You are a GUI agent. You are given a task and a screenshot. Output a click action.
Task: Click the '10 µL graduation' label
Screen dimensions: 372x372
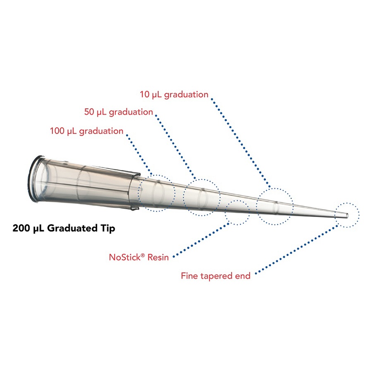click(174, 95)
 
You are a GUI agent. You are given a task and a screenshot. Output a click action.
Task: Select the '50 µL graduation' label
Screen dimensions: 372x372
click(118, 112)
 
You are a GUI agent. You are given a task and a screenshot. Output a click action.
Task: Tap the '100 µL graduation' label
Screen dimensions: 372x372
click(86, 131)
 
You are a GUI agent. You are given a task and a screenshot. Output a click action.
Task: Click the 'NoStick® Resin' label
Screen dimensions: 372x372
click(139, 257)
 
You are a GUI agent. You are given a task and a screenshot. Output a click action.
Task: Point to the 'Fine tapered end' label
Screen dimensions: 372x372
click(216, 276)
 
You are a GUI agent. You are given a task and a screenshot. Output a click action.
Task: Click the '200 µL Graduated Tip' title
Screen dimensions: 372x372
click(64, 228)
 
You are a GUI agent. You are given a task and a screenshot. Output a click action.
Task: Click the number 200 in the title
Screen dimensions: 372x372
click(21, 228)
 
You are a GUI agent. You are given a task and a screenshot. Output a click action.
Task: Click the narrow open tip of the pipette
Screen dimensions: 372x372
click(347, 215)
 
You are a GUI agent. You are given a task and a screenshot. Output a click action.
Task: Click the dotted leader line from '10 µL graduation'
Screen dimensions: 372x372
click(240, 141)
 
